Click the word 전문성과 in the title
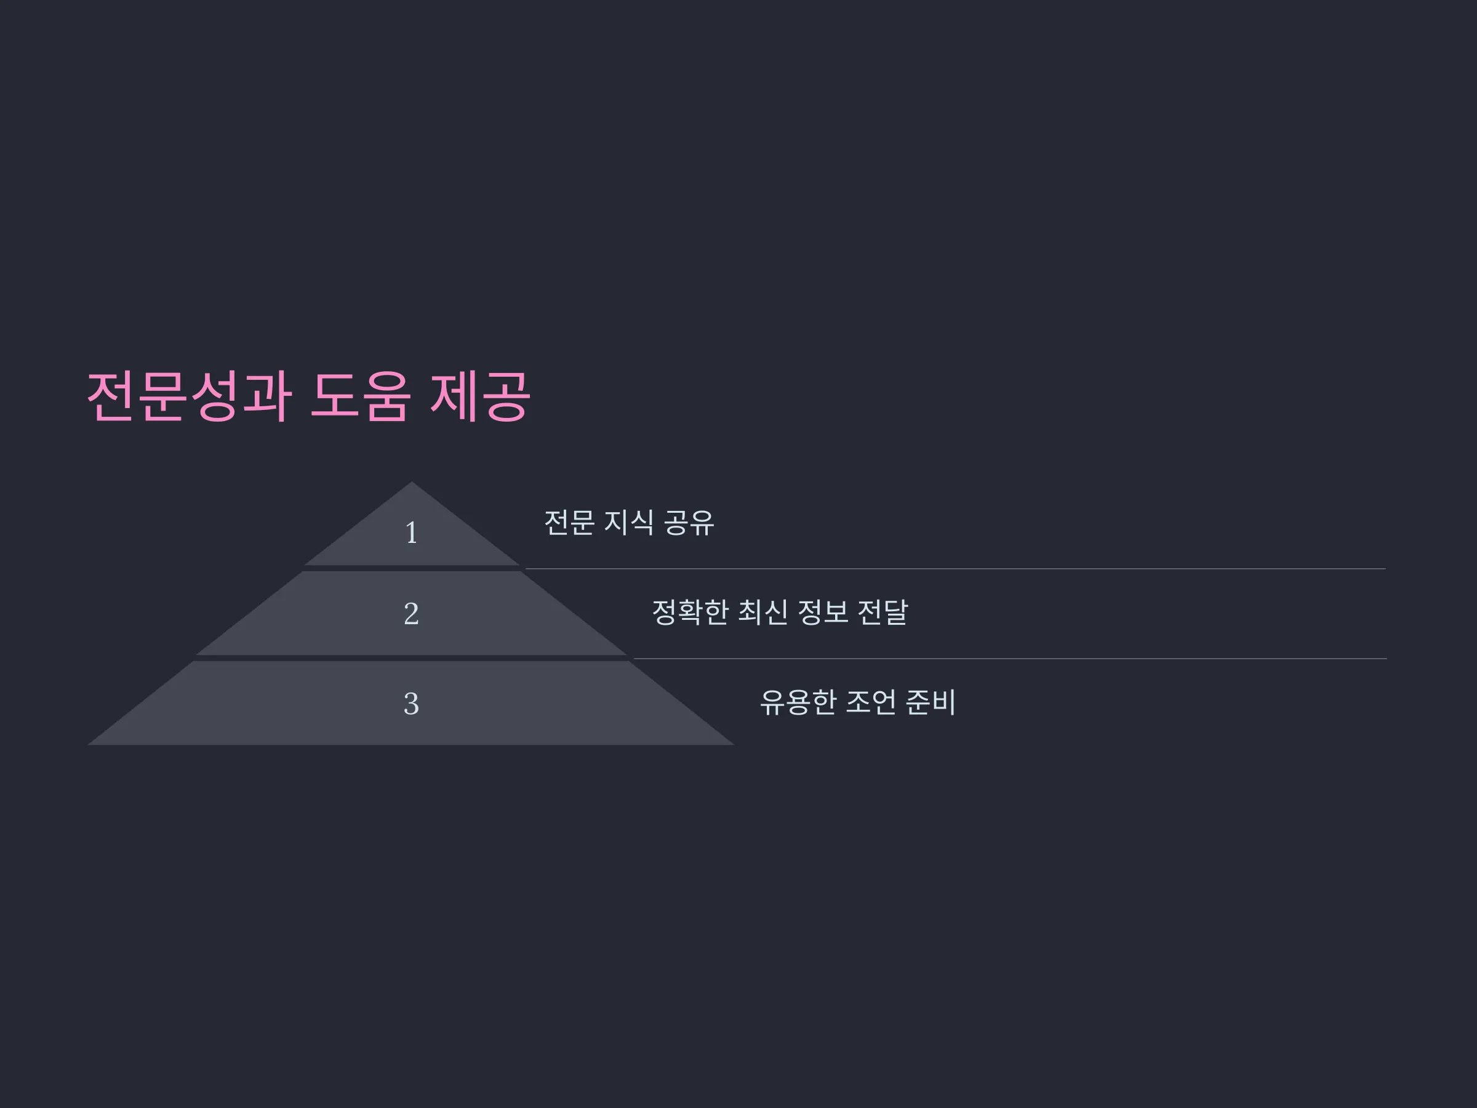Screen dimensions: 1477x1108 click(190, 396)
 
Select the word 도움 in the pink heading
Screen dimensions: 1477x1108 click(360, 396)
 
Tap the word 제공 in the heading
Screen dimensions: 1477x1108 click(480, 396)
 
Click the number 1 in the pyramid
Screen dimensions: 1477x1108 click(411, 533)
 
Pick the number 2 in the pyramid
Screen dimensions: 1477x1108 click(411, 614)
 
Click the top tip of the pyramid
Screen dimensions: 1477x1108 click(411, 481)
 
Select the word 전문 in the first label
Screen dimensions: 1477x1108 click(569, 522)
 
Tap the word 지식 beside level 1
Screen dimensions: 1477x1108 click(629, 522)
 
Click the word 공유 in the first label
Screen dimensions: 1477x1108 click(689, 522)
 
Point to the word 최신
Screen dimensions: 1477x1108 click(763, 612)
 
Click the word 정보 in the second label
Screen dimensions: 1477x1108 click(823, 612)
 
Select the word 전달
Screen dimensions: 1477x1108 click(883, 612)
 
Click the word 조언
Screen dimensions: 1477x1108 click(871, 702)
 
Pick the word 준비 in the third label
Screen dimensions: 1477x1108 click(931, 702)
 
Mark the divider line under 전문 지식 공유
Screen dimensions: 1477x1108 click(956, 569)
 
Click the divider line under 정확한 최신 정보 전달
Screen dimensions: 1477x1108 click(1011, 659)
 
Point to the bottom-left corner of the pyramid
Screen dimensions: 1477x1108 click(87, 745)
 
